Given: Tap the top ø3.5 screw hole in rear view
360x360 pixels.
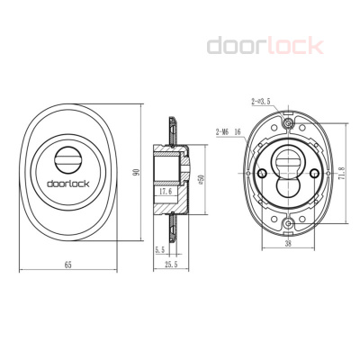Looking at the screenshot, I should [x=287, y=123].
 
